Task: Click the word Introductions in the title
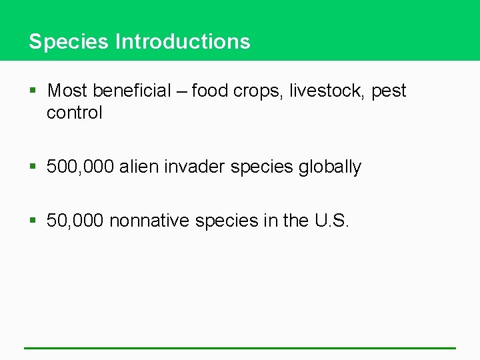tap(183, 41)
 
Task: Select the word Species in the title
tap(69, 41)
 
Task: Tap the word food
tap(210, 91)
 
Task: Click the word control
tap(75, 113)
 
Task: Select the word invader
tap(195, 167)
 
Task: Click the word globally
tap(329, 167)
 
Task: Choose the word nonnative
tap(149, 220)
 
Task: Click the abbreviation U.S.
tap(331, 220)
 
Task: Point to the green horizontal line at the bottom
tap(240, 347)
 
